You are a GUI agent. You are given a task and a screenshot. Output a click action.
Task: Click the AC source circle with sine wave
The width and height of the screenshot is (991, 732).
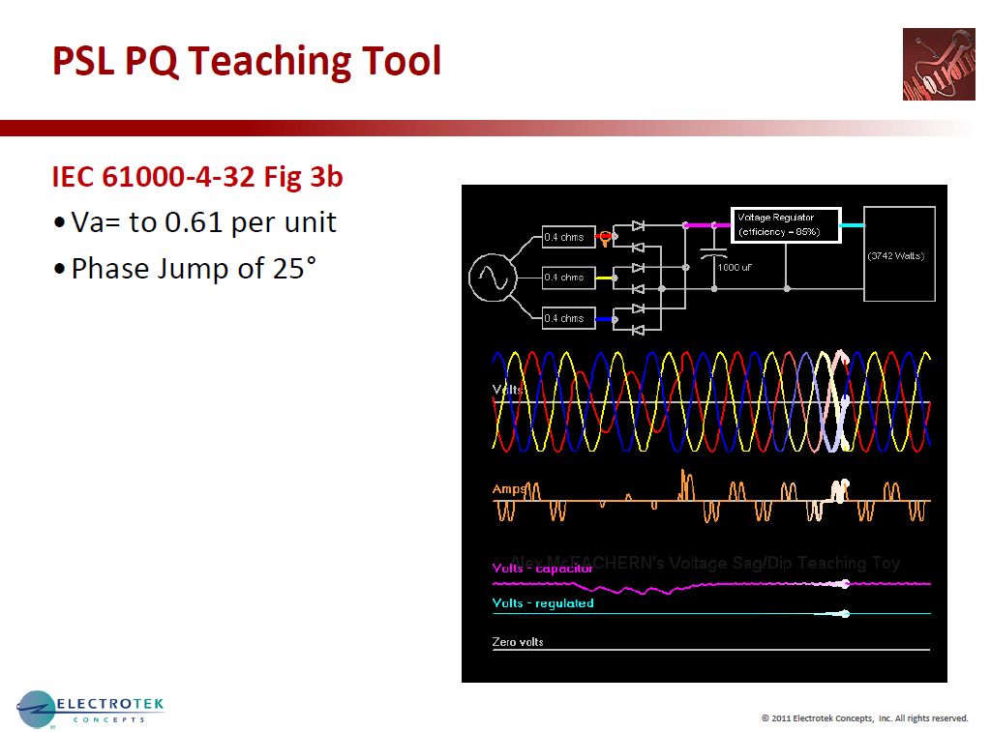click(x=490, y=278)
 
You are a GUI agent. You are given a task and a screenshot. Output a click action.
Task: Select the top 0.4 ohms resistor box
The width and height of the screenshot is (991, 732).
click(x=568, y=237)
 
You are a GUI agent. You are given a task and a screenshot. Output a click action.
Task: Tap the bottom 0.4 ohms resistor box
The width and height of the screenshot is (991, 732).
click(x=568, y=318)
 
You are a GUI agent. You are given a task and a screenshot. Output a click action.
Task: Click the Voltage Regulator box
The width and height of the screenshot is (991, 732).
click(x=785, y=224)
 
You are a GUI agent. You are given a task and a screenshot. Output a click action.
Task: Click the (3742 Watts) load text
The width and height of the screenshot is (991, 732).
click(x=895, y=256)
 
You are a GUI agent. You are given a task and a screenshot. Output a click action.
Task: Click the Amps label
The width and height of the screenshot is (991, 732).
click(x=509, y=489)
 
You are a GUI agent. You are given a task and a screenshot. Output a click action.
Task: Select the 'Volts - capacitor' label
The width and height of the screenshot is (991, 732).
click(x=543, y=569)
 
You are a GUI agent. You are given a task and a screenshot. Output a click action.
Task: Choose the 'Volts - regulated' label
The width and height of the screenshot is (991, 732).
click(x=543, y=603)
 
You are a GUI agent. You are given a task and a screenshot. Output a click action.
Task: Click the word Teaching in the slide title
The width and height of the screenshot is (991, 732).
click(x=272, y=61)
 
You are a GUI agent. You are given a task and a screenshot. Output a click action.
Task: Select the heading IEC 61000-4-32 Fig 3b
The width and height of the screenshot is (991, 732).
click(x=197, y=178)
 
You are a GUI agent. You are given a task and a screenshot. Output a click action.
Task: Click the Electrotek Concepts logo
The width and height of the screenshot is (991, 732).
click(x=92, y=710)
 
